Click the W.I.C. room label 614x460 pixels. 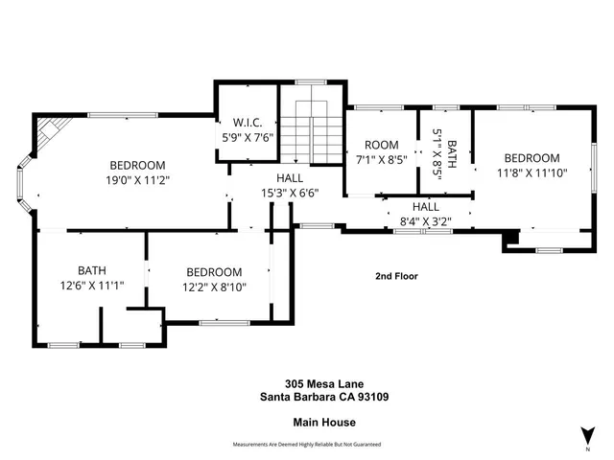(x=246, y=122)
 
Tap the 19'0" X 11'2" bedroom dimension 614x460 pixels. (x=137, y=178)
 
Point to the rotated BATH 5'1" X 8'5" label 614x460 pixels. (x=444, y=150)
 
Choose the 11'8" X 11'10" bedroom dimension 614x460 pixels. (x=531, y=173)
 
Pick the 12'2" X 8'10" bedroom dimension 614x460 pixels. (x=214, y=287)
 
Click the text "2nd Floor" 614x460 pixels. (x=396, y=276)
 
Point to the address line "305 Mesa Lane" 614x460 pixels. (x=306, y=382)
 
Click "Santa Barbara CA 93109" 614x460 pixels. (x=306, y=396)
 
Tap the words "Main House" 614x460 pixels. (x=306, y=421)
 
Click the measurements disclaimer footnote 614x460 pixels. (x=306, y=445)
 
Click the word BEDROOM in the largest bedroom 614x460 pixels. (x=137, y=164)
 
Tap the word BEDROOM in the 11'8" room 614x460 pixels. (x=531, y=158)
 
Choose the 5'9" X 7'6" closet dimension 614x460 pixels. (x=246, y=136)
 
